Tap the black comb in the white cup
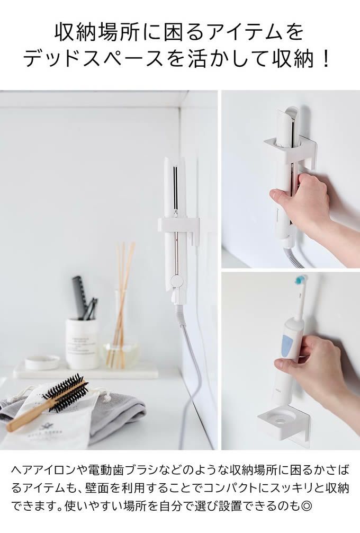79,297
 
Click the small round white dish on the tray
42,362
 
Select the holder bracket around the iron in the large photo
177,224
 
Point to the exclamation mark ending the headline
326,58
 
